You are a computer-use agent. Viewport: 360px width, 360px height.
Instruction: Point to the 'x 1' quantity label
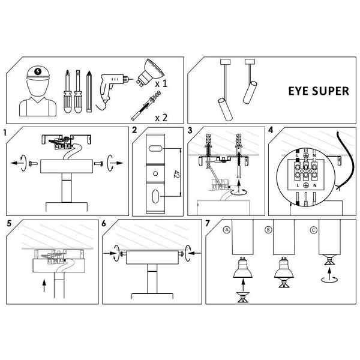pyautogui.click(x=160, y=85)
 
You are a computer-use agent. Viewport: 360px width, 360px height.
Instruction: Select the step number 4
pyautogui.click(x=271, y=130)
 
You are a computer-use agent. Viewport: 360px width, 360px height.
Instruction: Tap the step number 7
pyautogui.click(x=208, y=224)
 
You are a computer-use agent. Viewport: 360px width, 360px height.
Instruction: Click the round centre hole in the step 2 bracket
pyautogui.click(x=155, y=173)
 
